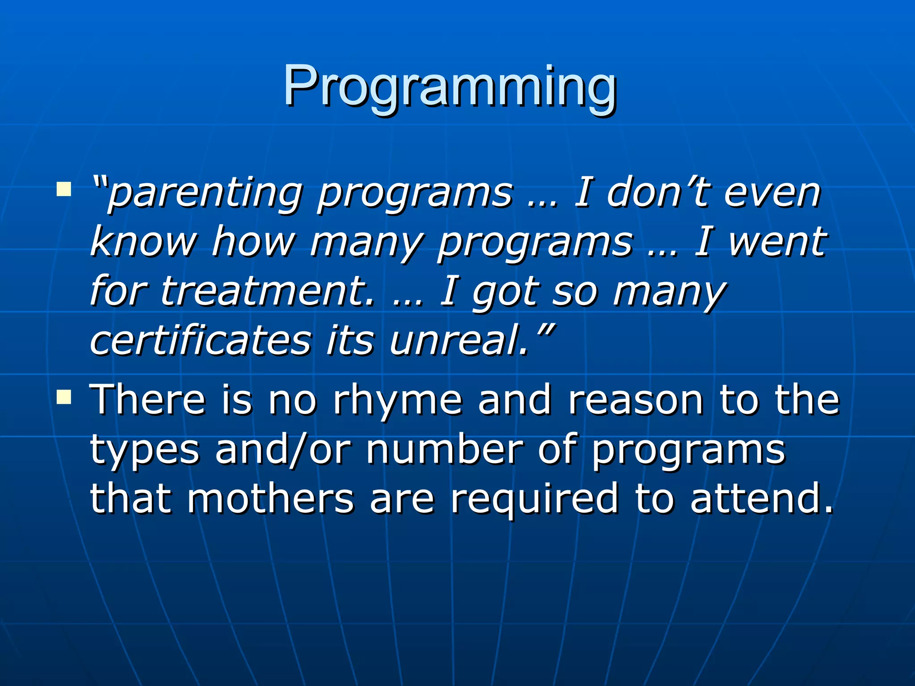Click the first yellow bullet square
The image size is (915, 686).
[x=64, y=189]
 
